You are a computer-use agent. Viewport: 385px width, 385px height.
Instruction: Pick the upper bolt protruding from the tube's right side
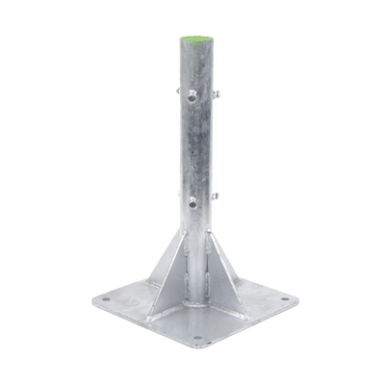tap(219, 93)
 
